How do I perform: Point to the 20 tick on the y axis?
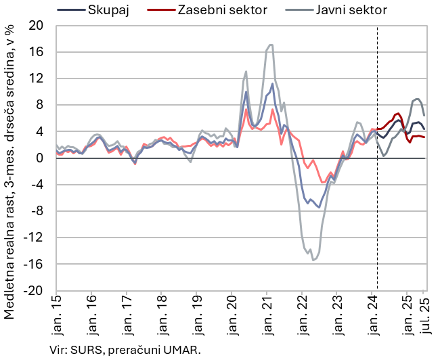pos(37,26)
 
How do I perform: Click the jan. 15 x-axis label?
pos(56,315)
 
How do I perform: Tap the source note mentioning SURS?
pos(125,350)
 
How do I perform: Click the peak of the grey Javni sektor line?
pos(271,45)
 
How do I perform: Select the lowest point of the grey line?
pos(313,260)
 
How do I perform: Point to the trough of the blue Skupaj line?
pos(319,208)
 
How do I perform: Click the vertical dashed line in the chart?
pos(377,203)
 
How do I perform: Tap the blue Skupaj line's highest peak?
pos(272,83)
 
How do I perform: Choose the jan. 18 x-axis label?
pos(161,315)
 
